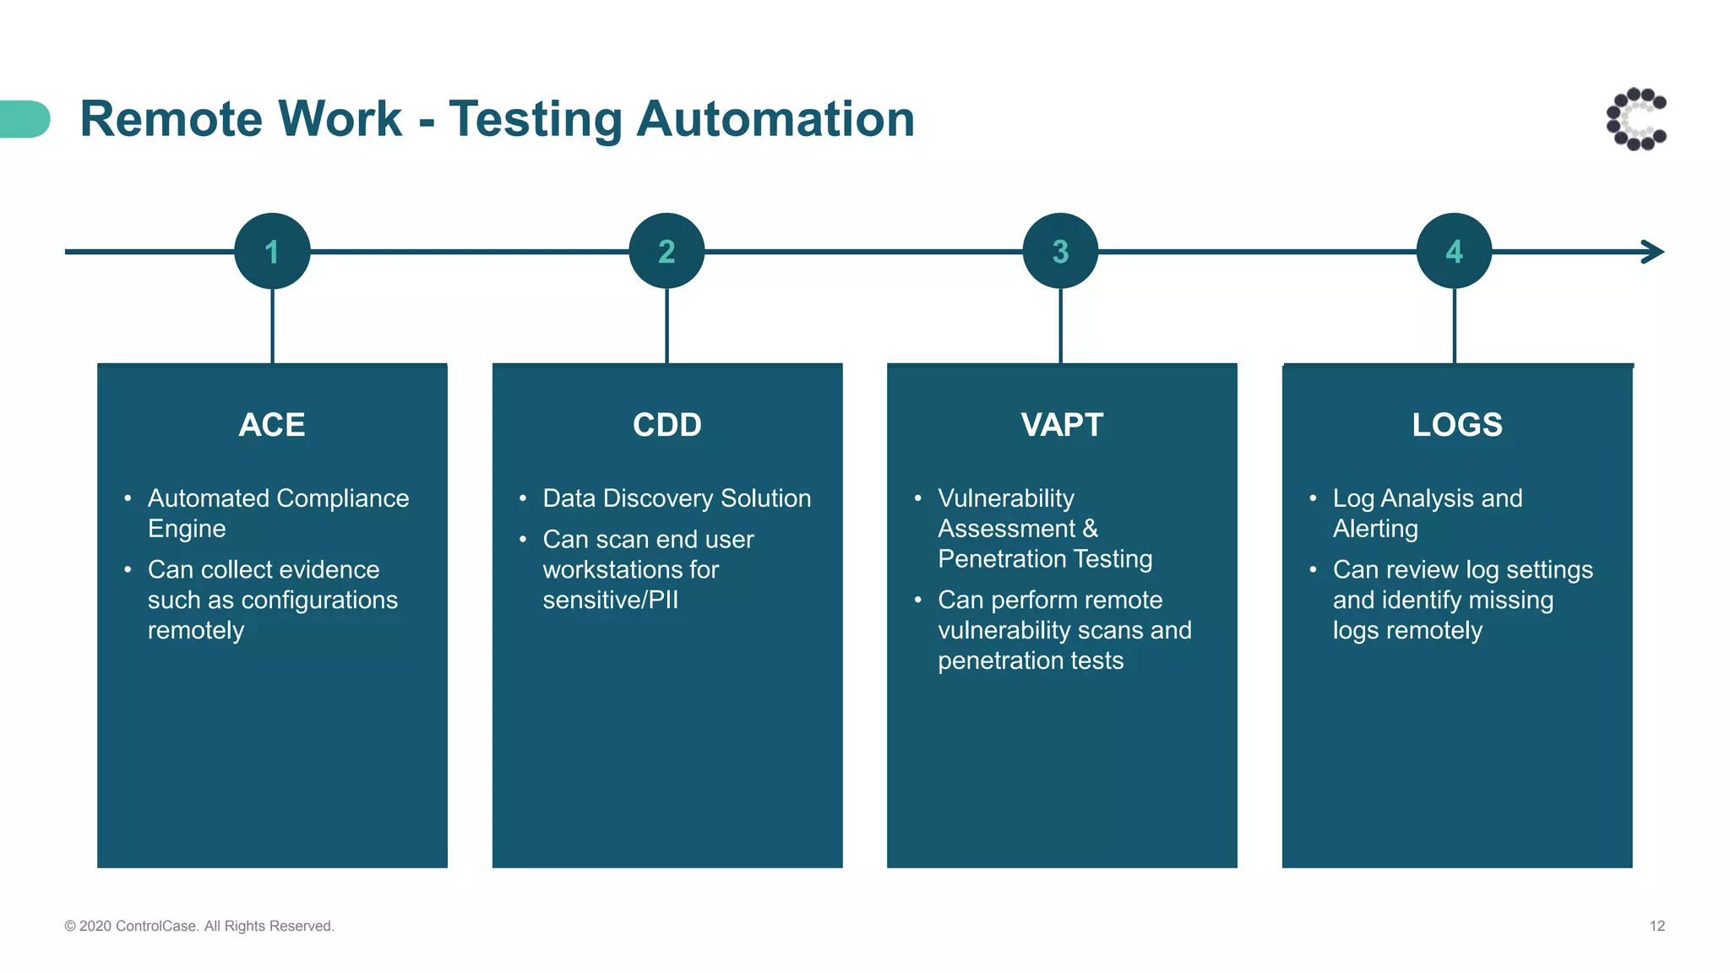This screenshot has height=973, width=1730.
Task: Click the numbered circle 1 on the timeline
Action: click(272, 251)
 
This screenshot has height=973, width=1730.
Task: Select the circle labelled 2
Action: click(666, 251)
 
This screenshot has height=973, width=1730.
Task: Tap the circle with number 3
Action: click(1060, 251)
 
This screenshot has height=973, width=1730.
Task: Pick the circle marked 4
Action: click(1454, 251)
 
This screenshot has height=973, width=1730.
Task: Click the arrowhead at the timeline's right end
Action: click(1654, 252)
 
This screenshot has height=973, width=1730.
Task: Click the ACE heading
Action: click(272, 425)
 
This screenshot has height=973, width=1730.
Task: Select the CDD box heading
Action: click(666, 425)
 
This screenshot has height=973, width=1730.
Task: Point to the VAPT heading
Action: click(1062, 425)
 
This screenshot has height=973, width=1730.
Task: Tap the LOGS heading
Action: click(1457, 425)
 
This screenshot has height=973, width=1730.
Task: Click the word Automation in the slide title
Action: click(775, 118)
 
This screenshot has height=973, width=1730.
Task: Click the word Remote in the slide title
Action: click(170, 118)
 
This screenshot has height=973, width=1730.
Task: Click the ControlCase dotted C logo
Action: click(1636, 119)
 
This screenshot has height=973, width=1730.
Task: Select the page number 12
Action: click(1657, 926)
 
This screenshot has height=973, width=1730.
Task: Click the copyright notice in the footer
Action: click(199, 926)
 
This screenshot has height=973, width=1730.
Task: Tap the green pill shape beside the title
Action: click(24, 118)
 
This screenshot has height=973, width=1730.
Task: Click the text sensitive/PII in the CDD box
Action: click(610, 600)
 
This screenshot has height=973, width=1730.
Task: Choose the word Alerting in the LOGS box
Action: click(1375, 529)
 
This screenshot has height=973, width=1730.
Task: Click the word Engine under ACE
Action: click(187, 529)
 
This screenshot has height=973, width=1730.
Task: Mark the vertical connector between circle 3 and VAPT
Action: click(1060, 326)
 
